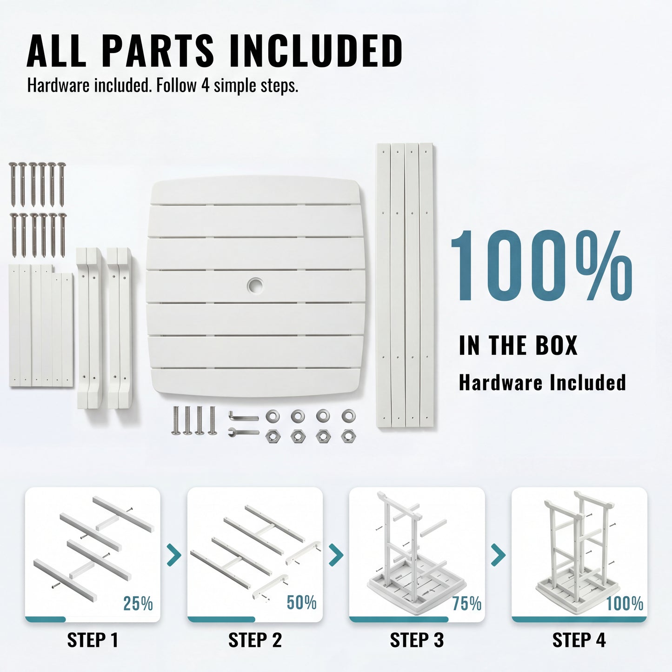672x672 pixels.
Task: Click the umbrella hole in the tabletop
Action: tap(255, 286)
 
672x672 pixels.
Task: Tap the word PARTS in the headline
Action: tap(158, 51)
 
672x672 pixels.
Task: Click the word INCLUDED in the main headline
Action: tap(316, 51)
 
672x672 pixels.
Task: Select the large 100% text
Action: tap(542, 266)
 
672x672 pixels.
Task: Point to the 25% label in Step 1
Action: tap(138, 603)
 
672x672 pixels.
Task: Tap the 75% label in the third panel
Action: tap(467, 603)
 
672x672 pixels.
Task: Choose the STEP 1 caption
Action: tap(93, 640)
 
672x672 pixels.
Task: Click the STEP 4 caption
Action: tap(579, 640)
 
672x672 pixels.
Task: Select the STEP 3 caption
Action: tap(417, 640)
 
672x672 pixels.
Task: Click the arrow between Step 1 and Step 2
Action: tap(174, 554)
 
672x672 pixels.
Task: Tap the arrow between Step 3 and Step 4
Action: tap(499, 554)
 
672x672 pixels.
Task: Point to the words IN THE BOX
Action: tap(518, 345)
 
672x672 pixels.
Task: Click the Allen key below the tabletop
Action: tap(243, 416)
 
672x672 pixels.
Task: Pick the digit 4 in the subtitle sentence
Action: tap(206, 86)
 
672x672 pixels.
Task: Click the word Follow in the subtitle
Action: tap(176, 86)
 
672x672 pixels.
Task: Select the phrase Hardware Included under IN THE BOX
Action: tap(542, 383)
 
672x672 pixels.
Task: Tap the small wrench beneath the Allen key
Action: tap(243, 432)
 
